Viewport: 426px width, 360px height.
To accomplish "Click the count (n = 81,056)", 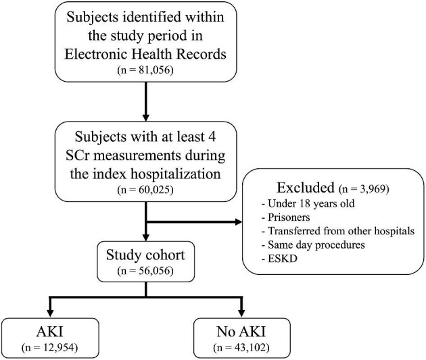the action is [x=145, y=70].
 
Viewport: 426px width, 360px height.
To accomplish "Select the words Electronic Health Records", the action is [x=145, y=54].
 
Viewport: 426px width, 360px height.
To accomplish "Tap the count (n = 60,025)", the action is [x=145, y=189].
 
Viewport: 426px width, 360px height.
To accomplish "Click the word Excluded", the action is [x=306, y=188].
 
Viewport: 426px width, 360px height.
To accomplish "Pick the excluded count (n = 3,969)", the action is [x=364, y=188].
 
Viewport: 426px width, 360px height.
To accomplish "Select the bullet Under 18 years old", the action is [x=308, y=203].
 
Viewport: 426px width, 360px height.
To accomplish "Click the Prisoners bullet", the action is [x=285, y=217].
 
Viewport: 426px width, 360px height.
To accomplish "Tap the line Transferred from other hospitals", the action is [x=338, y=231].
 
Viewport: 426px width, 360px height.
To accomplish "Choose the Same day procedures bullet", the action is [x=313, y=245].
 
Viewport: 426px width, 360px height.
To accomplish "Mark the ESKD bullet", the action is [x=279, y=259].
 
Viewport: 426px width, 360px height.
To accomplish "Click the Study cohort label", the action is [x=145, y=255].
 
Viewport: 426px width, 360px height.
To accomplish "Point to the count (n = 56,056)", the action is [x=145, y=271].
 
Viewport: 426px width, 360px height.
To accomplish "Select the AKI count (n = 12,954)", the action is [x=50, y=348].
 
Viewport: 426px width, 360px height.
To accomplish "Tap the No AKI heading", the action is [x=241, y=332].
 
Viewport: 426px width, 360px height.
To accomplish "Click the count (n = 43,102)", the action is [x=241, y=348].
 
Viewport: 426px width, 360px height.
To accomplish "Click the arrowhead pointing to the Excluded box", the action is [x=238, y=222].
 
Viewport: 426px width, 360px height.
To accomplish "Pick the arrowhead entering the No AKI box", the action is [x=241, y=313].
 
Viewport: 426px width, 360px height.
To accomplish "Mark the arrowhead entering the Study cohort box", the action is [x=146, y=237].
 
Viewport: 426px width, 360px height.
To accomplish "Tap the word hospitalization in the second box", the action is [x=176, y=174].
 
